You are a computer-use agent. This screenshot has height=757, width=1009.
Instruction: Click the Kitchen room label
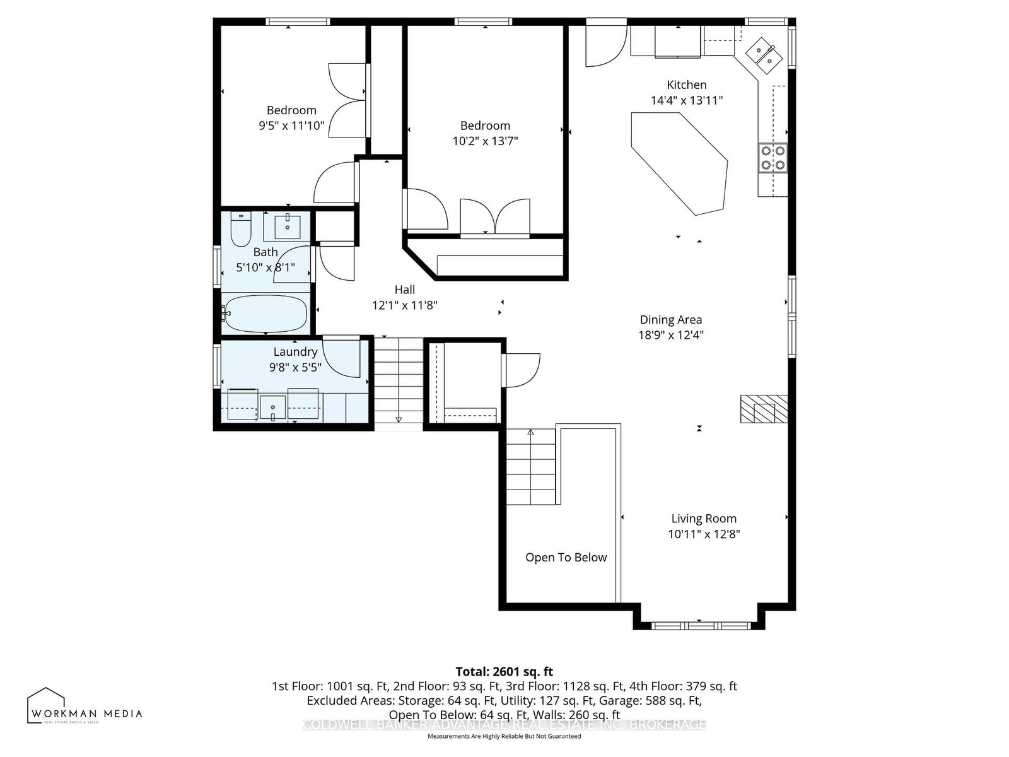point(687,85)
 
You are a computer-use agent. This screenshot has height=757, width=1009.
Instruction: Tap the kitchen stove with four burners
point(773,158)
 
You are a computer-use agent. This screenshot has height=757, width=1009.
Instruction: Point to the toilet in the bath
point(240,230)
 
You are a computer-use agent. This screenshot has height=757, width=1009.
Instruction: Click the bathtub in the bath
point(265,314)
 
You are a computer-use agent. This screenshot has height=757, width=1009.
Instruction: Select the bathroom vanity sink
point(288,226)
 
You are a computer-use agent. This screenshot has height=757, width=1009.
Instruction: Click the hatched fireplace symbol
point(764,409)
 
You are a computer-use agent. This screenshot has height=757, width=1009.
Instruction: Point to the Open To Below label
point(566,558)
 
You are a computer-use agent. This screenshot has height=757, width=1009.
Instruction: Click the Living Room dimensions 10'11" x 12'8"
point(704,534)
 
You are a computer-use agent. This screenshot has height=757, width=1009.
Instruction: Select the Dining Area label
point(670,320)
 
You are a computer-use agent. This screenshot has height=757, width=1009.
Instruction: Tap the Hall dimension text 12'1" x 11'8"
point(405,305)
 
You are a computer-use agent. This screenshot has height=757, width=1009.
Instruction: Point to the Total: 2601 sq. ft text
point(504,671)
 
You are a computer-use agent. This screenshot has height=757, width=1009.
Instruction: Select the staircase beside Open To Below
point(531,467)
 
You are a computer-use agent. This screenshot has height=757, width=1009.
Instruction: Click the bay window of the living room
point(700,625)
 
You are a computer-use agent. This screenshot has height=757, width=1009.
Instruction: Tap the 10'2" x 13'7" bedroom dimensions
point(485,141)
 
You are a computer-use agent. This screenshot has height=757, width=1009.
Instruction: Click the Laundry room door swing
point(342,358)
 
